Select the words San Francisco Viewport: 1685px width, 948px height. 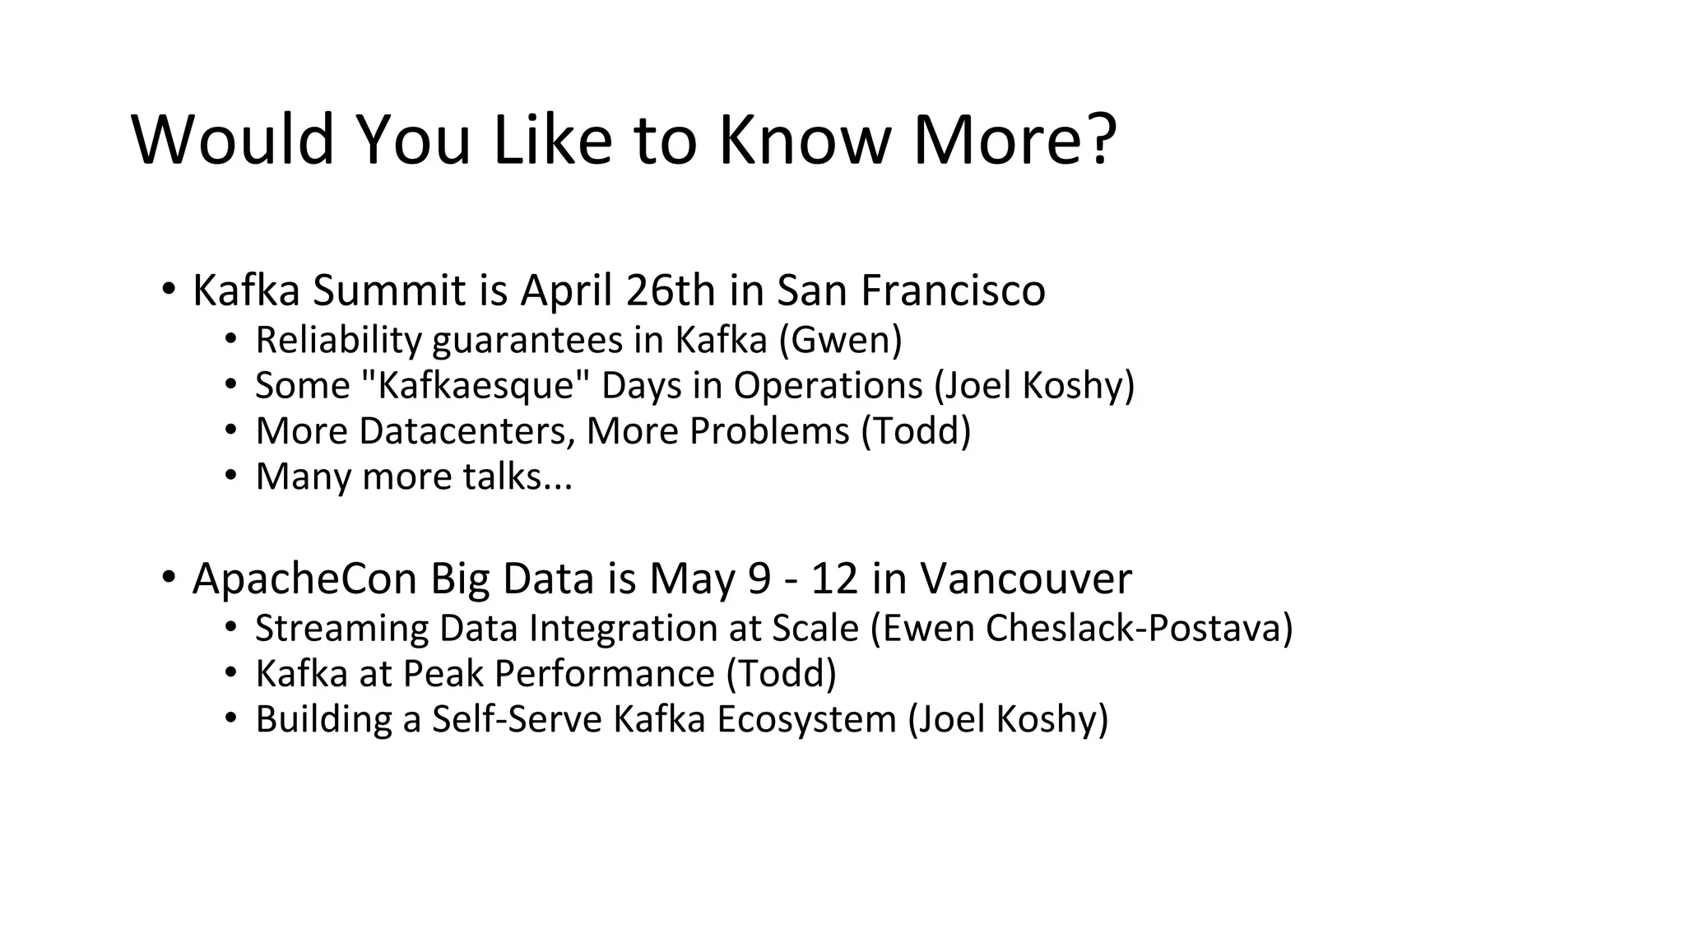(x=911, y=290)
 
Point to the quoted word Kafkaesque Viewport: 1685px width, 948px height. (x=476, y=385)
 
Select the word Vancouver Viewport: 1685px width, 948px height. (x=1025, y=579)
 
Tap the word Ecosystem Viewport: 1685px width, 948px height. (x=805, y=718)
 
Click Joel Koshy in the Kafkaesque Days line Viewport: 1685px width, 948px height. (x=1034, y=385)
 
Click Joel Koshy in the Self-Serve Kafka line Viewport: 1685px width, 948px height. (x=1008, y=718)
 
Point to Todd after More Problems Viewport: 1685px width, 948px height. (x=916, y=430)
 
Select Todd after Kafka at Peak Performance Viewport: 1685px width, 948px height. (x=782, y=673)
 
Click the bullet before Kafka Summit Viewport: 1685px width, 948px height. (x=168, y=290)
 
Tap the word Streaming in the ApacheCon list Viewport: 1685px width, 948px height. (x=341, y=628)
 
